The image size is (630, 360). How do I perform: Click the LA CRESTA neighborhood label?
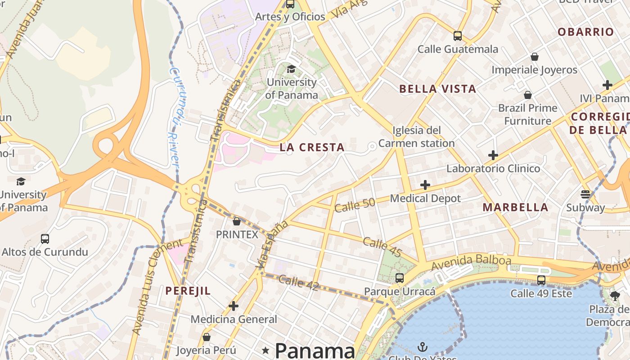[x=312, y=147]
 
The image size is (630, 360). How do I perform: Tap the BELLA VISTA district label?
[x=437, y=89]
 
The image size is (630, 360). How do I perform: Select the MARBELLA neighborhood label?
[x=515, y=207]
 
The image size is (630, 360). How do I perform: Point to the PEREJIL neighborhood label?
[x=188, y=291]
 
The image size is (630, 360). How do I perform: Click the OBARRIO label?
[x=585, y=32]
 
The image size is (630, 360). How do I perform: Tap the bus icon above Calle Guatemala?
[x=458, y=36]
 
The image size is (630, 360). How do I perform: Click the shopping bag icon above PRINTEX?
[x=237, y=221]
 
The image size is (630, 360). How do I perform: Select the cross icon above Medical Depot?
[x=425, y=185]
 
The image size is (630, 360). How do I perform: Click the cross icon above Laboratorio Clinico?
[x=493, y=155]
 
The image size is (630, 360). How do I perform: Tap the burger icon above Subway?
[x=585, y=194]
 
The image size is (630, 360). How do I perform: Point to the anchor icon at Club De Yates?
[x=422, y=346]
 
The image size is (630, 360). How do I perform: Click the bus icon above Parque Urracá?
[x=400, y=278]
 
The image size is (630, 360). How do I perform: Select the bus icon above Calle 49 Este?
[x=541, y=280]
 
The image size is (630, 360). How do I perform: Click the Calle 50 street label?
[x=355, y=205]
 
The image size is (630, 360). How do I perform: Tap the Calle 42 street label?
[x=298, y=283]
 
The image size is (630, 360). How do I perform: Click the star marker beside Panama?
[x=266, y=350]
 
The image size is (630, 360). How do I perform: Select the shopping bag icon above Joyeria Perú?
[x=207, y=337]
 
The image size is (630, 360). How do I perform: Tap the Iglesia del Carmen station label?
[x=416, y=137]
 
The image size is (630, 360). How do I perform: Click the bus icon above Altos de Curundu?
[x=45, y=239]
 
